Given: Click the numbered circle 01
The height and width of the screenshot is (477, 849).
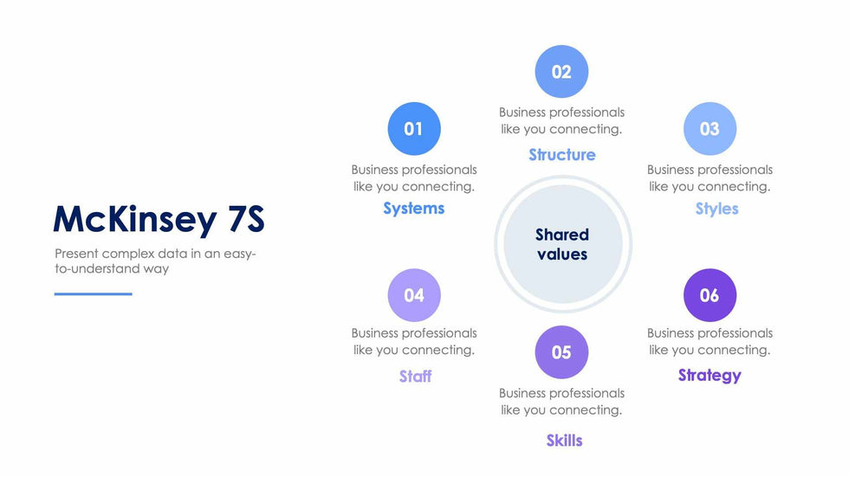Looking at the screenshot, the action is [414, 129].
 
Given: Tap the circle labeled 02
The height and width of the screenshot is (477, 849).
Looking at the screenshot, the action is [561, 71].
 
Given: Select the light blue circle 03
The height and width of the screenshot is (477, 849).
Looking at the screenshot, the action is [710, 129].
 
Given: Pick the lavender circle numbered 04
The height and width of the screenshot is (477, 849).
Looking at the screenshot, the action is [414, 295].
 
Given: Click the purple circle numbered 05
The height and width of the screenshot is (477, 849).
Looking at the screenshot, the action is [561, 352].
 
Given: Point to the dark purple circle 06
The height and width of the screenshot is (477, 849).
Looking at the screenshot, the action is [710, 295].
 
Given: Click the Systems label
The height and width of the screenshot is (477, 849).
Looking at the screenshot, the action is [414, 209].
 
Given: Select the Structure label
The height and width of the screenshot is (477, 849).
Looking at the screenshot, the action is [562, 155].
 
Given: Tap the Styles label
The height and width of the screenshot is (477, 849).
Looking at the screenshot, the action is [717, 209].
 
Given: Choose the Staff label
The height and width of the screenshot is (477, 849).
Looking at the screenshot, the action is [415, 376].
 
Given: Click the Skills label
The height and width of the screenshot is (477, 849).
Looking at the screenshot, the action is [564, 441].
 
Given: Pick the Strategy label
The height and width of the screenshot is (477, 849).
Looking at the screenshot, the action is [710, 376].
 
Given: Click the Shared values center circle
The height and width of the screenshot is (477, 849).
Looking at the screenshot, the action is [562, 244].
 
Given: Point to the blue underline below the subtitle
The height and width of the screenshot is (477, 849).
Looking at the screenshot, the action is [94, 294].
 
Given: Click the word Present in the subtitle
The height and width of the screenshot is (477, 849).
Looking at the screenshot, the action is [76, 254].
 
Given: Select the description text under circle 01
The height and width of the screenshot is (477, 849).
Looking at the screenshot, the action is [414, 178].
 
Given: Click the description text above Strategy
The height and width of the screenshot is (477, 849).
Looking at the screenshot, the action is [710, 341].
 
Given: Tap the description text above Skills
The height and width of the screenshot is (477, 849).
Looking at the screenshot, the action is [561, 402].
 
